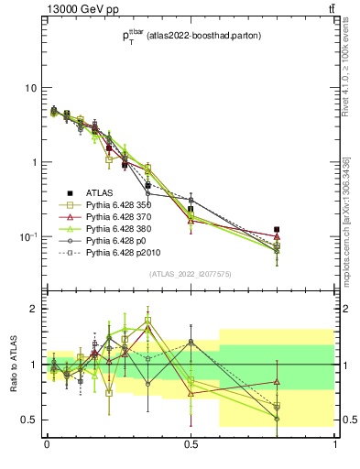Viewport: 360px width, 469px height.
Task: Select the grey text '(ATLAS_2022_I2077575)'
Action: pyautogui.click(x=191, y=274)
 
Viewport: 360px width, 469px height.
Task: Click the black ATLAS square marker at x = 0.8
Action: pyautogui.click(x=277, y=230)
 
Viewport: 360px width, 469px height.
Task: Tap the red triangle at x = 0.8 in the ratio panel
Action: pyautogui.click(x=277, y=381)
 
